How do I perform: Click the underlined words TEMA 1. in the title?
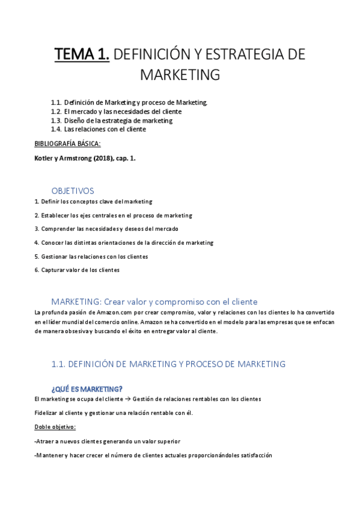coord(82,55)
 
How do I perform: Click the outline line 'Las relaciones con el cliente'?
coord(105,129)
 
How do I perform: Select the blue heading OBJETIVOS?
coord(73,191)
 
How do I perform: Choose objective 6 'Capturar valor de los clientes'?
coord(76,270)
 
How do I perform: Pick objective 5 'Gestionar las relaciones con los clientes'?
coord(91,256)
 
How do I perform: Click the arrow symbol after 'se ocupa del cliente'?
coord(127,399)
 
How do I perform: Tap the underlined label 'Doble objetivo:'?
coord(55,427)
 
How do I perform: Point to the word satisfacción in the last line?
coord(252,455)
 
